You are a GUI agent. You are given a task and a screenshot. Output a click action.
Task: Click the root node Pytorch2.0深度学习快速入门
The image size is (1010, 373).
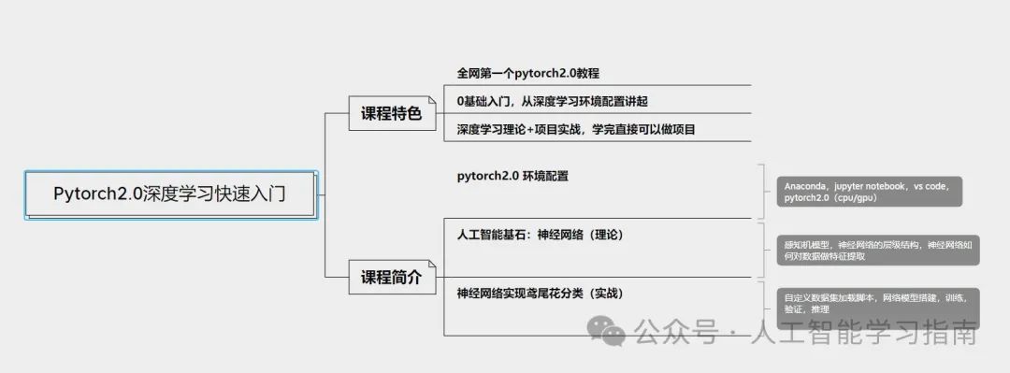169,194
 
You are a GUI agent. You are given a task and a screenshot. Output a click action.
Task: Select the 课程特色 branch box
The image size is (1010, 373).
392,114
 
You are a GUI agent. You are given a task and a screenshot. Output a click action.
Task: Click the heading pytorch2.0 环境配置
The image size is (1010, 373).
512,175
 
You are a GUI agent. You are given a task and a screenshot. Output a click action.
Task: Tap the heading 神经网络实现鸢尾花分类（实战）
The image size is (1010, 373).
541,294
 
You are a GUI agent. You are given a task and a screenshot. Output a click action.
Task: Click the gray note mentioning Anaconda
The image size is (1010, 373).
869,193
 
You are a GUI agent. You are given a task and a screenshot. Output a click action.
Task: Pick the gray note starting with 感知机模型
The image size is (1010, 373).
877,250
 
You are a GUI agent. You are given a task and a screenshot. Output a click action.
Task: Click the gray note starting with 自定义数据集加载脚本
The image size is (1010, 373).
877,302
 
